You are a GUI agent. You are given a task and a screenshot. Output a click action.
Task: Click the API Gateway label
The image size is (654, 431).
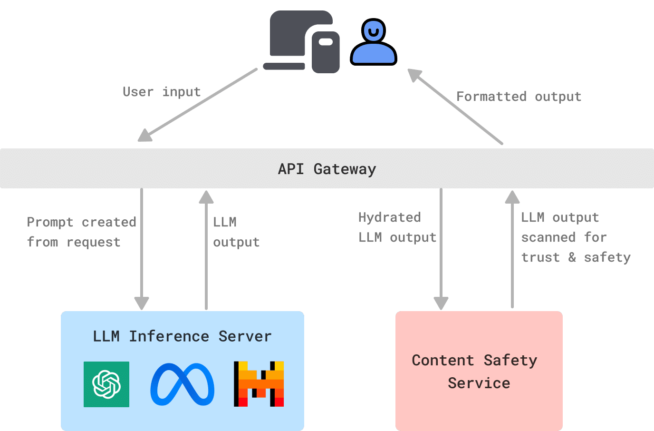[x=327, y=169]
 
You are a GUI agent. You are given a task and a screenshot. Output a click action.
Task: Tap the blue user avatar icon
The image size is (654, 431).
[x=374, y=42]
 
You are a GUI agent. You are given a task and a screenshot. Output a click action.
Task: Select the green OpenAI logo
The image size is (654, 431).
[x=106, y=384]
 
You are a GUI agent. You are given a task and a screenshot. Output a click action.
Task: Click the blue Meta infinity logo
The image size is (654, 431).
[x=183, y=384]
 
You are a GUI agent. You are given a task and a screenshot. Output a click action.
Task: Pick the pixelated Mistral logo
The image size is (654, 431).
[x=259, y=384]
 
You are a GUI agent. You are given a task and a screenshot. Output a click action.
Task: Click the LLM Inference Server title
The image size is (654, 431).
[x=182, y=336]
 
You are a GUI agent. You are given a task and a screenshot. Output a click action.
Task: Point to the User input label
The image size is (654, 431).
[x=162, y=92]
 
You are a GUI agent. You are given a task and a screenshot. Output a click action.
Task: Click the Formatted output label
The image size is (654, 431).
[x=519, y=97]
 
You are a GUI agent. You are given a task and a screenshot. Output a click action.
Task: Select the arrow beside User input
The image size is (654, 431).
[x=197, y=105]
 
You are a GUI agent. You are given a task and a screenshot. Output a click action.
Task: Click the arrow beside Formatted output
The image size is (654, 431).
[x=455, y=107]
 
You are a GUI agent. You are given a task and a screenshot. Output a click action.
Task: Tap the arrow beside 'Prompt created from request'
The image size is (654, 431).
[x=142, y=249]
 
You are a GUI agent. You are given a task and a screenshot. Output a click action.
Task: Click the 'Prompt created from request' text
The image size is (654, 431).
[x=81, y=232]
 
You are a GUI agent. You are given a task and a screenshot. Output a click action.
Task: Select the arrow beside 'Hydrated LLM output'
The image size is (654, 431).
[x=441, y=249]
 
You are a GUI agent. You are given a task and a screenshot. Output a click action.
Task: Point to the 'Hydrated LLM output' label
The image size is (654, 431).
[x=397, y=227]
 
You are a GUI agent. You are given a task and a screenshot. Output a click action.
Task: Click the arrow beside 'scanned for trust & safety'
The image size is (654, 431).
[x=512, y=249]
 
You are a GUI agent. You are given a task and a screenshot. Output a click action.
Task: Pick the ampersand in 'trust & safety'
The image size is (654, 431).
[x=572, y=257]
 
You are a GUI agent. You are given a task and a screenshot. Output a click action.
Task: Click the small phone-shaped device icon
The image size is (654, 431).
[x=326, y=52]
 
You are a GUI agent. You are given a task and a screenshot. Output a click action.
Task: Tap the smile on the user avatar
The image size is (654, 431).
[x=374, y=32]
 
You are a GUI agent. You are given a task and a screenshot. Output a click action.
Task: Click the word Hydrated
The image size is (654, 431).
[x=389, y=218]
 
